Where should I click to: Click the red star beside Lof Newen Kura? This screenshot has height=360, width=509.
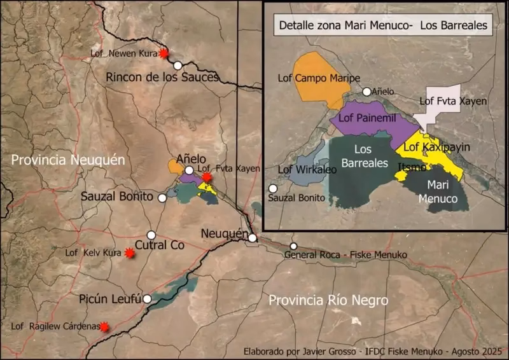(x=164, y=54)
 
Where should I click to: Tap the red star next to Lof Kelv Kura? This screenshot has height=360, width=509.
(x=130, y=253)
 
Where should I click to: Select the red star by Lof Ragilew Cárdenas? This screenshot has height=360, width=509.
(x=104, y=327)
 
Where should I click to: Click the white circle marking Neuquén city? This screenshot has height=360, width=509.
(x=253, y=238)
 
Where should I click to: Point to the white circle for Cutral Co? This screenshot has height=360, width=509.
(x=151, y=235)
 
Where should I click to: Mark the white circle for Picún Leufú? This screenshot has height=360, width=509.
(x=147, y=298)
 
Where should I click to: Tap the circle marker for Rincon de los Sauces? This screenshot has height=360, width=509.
(x=178, y=65)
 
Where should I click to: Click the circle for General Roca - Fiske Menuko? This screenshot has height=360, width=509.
(x=293, y=246)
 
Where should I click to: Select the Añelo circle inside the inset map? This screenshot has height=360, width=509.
(x=367, y=92)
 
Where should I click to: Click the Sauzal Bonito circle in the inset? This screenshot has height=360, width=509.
(x=274, y=188)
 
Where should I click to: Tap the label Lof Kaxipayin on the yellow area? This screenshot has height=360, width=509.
(x=437, y=148)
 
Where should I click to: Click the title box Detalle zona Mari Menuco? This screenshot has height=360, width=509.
(x=382, y=27)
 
